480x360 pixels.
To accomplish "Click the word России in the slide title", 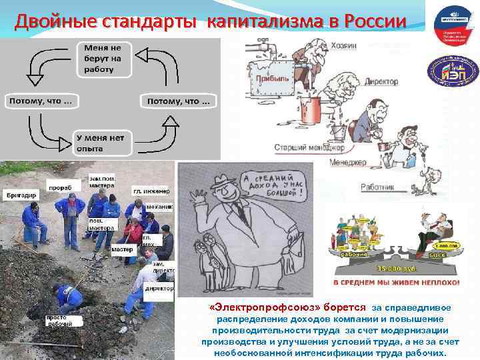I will [x=373, y=21].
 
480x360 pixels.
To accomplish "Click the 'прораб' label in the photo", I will [x=60, y=188].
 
